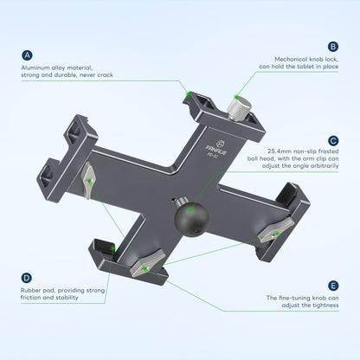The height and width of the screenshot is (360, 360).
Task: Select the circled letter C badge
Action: (331, 139)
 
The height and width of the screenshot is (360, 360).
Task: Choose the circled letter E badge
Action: (331, 284)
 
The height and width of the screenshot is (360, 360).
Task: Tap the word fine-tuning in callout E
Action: (292, 298)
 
